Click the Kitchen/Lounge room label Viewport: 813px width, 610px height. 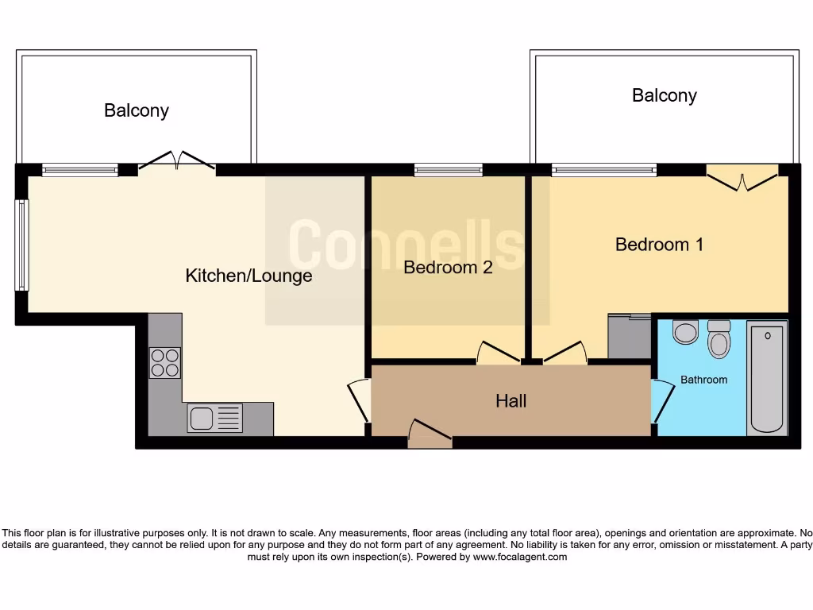(x=249, y=276)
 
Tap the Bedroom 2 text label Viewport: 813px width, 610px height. (x=448, y=268)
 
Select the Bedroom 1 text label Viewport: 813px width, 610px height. (x=659, y=244)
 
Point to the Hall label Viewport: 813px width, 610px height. (x=511, y=401)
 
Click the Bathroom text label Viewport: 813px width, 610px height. (x=703, y=380)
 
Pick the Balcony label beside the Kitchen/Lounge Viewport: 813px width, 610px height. (x=137, y=110)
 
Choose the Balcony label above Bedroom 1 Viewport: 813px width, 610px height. (x=664, y=95)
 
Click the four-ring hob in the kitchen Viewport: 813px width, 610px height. (x=164, y=363)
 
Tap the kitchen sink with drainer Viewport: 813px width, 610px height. (x=214, y=418)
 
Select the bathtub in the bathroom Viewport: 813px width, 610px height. (x=767, y=378)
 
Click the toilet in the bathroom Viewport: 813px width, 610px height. (x=719, y=340)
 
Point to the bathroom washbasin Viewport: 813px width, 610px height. (x=684, y=331)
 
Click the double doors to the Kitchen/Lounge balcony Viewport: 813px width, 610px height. (x=176, y=161)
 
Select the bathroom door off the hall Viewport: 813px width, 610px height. (x=661, y=401)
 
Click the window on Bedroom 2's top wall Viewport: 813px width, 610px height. (x=448, y=170)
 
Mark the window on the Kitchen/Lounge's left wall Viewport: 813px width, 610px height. (x=22, y=245)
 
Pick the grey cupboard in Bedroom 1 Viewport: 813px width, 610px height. (x=629, y=337)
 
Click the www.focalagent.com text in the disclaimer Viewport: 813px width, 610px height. (x=520, y=557)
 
